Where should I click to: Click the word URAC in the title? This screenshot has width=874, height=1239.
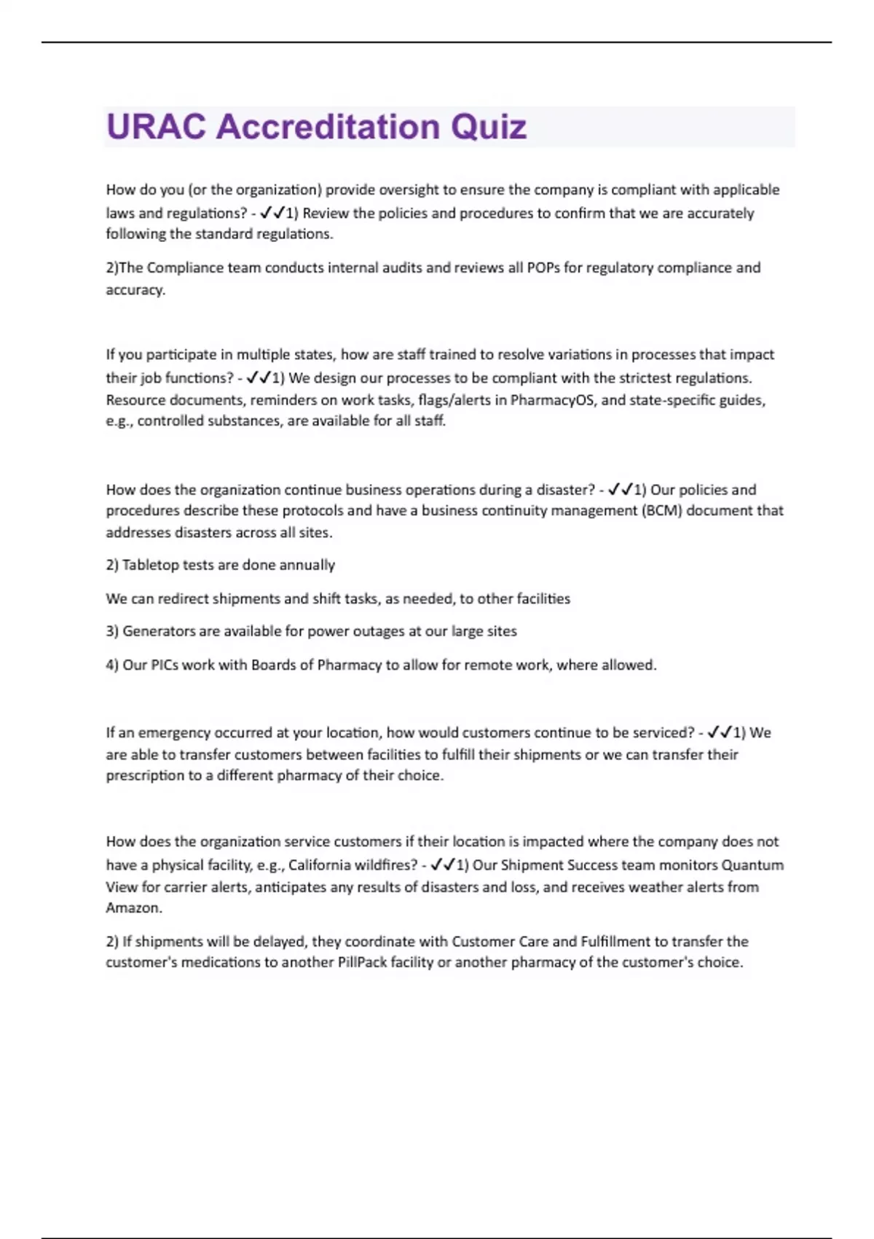tap(156, 127)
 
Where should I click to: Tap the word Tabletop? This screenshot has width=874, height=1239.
tap(150, 565)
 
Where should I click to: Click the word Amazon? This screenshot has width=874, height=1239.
tap(133, 908)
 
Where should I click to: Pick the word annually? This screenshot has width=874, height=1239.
tap(307, 565)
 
